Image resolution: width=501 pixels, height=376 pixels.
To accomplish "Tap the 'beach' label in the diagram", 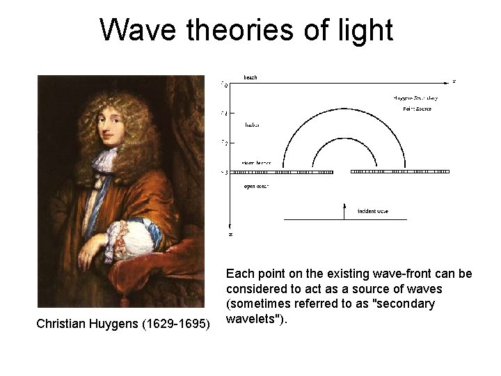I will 250,77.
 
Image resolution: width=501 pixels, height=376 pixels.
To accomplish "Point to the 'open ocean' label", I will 255,187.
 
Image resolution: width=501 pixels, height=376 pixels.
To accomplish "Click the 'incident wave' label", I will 372,210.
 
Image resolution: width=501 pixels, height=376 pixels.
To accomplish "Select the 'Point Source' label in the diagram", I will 417,109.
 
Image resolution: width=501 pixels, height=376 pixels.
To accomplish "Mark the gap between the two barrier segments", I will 342,171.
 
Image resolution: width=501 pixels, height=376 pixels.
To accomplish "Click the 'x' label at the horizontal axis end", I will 454,81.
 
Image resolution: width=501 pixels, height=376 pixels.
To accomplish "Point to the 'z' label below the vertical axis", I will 230,235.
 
